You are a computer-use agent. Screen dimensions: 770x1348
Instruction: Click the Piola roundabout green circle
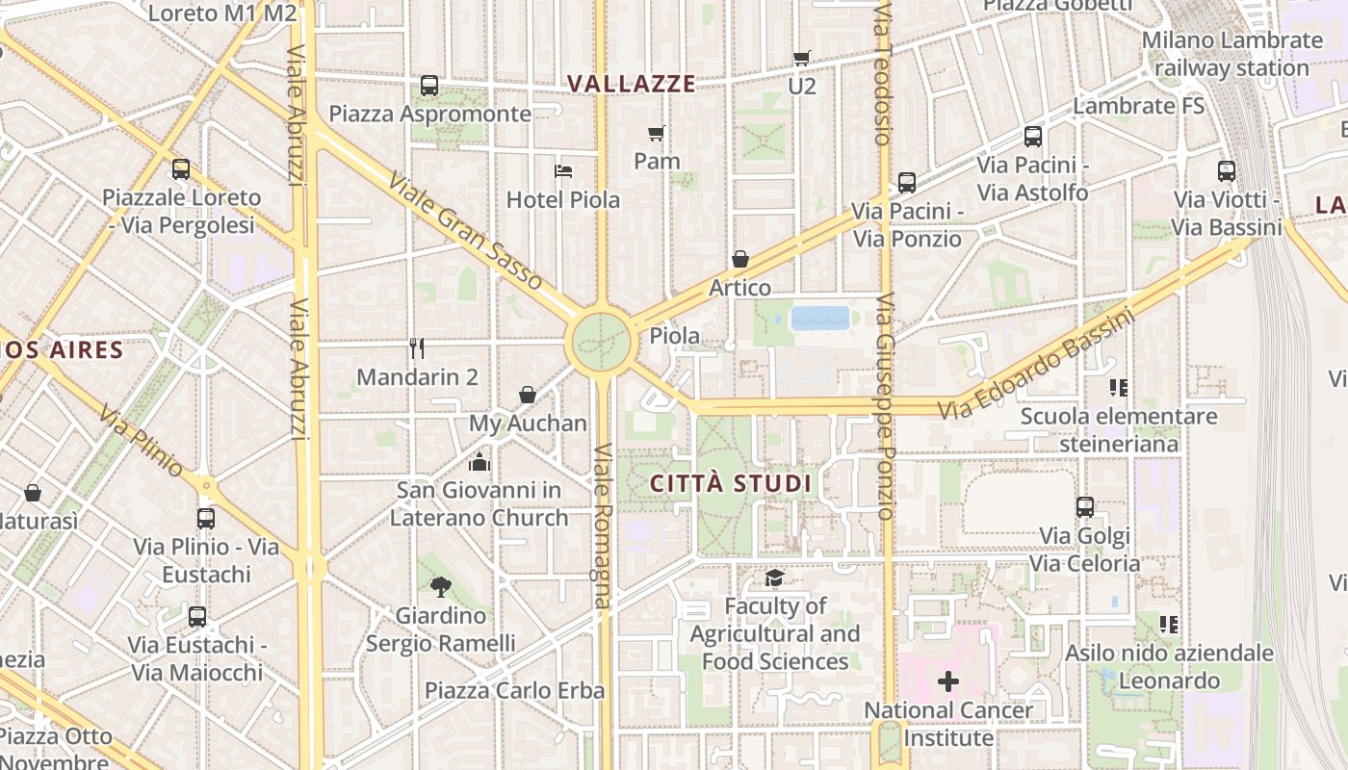[x=602, y=341]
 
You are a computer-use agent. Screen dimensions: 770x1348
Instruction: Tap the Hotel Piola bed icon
[x=564, y=171]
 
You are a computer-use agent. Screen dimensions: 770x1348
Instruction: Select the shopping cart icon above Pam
[x=657, y=133]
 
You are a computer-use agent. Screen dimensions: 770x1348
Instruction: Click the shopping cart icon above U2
[x=801, y=58]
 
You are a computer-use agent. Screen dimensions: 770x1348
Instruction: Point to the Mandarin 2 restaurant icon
[x=417, y=347]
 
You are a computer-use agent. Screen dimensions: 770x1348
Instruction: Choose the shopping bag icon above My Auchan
[x=528, y=395]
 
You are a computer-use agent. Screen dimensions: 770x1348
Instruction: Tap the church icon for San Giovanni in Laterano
[x=480, y=462]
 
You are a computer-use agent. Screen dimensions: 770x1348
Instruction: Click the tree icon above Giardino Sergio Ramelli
[x=441, y=586]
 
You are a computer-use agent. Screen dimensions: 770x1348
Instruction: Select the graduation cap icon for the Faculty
[x=774, y=577]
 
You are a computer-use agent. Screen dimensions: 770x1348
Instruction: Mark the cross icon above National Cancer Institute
[x=948, y=681]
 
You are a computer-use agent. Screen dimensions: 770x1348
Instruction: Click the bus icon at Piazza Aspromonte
[x=429, y=86]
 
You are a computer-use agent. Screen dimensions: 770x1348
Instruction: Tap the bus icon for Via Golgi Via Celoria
[x=1085, y=507]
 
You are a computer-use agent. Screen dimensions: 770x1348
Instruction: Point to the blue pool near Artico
[x=820, y=319]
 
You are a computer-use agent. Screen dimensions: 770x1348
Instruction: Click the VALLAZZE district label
[x=632, y=84]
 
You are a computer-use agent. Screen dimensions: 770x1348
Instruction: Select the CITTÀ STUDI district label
[x=731, y=483]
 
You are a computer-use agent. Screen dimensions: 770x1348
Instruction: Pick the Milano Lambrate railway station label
[x=1232, y=54]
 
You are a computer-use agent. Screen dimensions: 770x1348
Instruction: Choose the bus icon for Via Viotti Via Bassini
[x=1227, y=171]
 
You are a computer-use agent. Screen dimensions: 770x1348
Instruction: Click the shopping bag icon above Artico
[x=740, y=259]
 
